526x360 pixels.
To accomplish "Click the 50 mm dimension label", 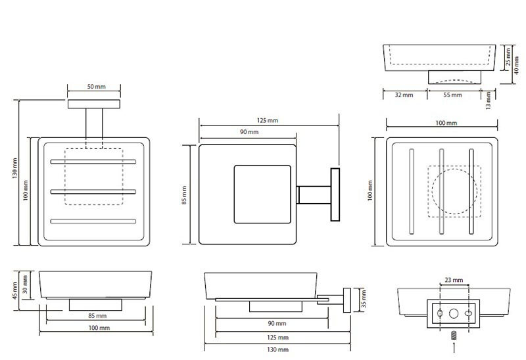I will [96, 87].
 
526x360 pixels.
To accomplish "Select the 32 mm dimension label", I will [403, 95].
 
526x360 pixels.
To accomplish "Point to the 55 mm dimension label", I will [452, 95].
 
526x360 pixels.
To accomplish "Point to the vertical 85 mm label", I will [185, 194].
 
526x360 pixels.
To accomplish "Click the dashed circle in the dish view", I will [453, 191].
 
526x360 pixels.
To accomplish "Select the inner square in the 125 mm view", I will [262, 195].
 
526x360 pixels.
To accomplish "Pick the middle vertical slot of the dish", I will [442, 191].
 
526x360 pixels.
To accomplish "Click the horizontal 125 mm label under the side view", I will [277, 337].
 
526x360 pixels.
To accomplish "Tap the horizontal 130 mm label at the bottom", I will [277, 349].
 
